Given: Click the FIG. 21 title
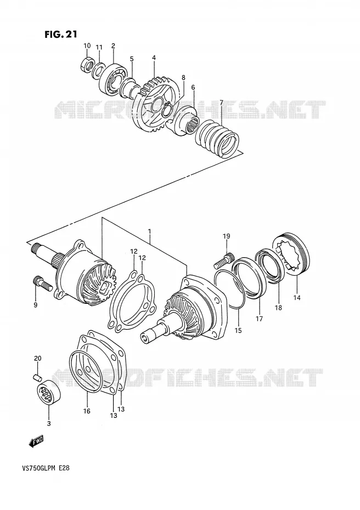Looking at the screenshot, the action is click(x=61, y=34).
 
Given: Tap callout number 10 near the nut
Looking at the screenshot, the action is click(x=87, y=46).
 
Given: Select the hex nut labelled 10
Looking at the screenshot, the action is click(x=86, y=63).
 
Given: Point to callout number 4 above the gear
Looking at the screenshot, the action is click(x=154, y=58).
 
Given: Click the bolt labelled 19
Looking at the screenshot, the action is click(x=224, y=260).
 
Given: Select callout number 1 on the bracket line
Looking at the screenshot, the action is click(x=149, y=231).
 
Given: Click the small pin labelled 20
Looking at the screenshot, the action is click(x=38, y=377).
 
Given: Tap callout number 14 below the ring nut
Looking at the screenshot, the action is click(x=297, y=298).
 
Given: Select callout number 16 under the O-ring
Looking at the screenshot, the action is click(x=87, y=411).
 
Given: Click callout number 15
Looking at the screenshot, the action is click(x=238, y=331).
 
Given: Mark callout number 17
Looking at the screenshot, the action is click(x=259, y=319).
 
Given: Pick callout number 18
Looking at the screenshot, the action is click(x=278, y=308).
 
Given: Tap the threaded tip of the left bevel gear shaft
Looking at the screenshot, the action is click(x=36, y=249).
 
